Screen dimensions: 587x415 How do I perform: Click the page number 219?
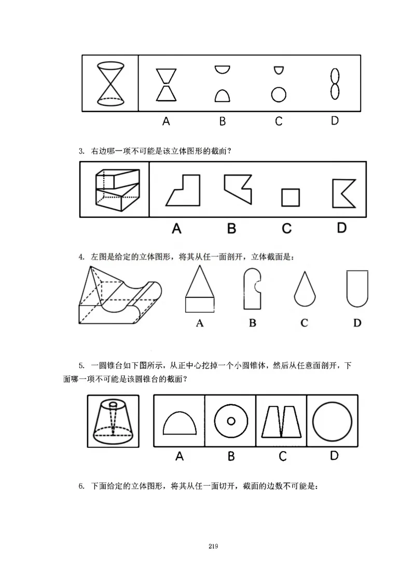(213, 546)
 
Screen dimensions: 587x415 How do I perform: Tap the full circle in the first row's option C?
(279, 94)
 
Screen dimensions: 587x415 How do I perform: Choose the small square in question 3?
(290, 197)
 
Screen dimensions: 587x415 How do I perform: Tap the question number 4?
(81, 256)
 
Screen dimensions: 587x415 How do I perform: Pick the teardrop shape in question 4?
(304, 291)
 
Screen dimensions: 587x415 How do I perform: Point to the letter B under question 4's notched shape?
(253, 323)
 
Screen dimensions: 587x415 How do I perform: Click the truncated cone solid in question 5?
(113, 420)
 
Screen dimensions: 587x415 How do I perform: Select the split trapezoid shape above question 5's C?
(282, 421)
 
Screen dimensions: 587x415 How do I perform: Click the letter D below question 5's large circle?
(334, 456)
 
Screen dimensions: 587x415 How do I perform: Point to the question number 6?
(81, 486)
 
